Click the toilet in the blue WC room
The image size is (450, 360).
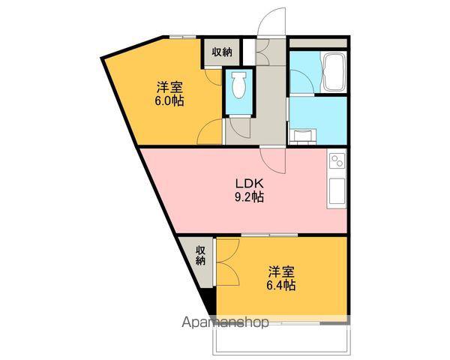pos(238,85)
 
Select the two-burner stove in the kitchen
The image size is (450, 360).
pos(337,161)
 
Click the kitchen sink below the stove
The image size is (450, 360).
pos(337,191)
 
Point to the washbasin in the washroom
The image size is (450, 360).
pos(303,136)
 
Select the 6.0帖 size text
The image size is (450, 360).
pos(169,100)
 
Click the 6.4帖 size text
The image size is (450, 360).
pos(281,285)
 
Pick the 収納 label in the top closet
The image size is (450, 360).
pos(222,52)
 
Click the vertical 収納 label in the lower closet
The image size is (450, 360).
pos(201,255)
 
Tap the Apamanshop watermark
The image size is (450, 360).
pos(225,322)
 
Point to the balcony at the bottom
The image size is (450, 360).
pos(281,340)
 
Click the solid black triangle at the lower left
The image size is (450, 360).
pos(211,301)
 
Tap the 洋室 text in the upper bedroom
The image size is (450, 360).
pos(169,87)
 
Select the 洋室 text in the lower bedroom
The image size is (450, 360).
pos(281,271)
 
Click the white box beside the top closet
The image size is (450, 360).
pos(249,52)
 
